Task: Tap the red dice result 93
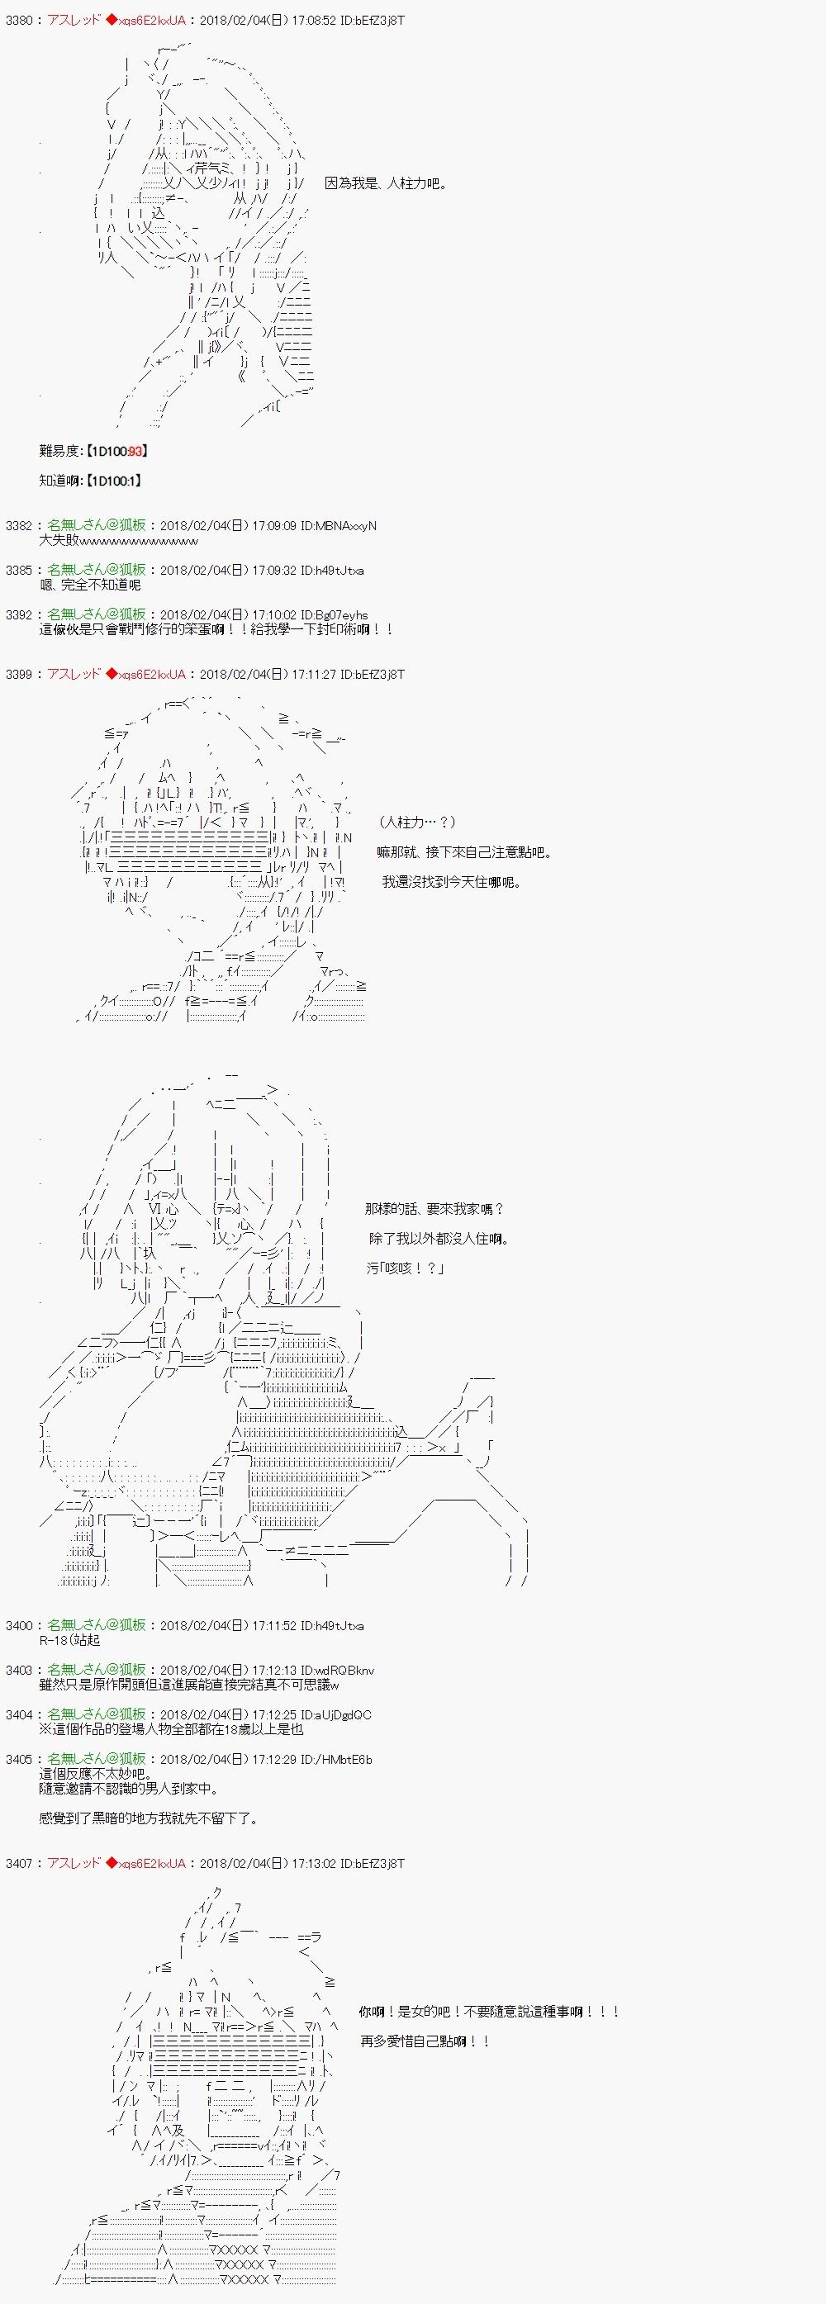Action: (135, 452)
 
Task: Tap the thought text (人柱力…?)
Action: (417, 822)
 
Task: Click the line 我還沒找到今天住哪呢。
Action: (451, 882)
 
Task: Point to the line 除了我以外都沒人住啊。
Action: (439, 1239)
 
